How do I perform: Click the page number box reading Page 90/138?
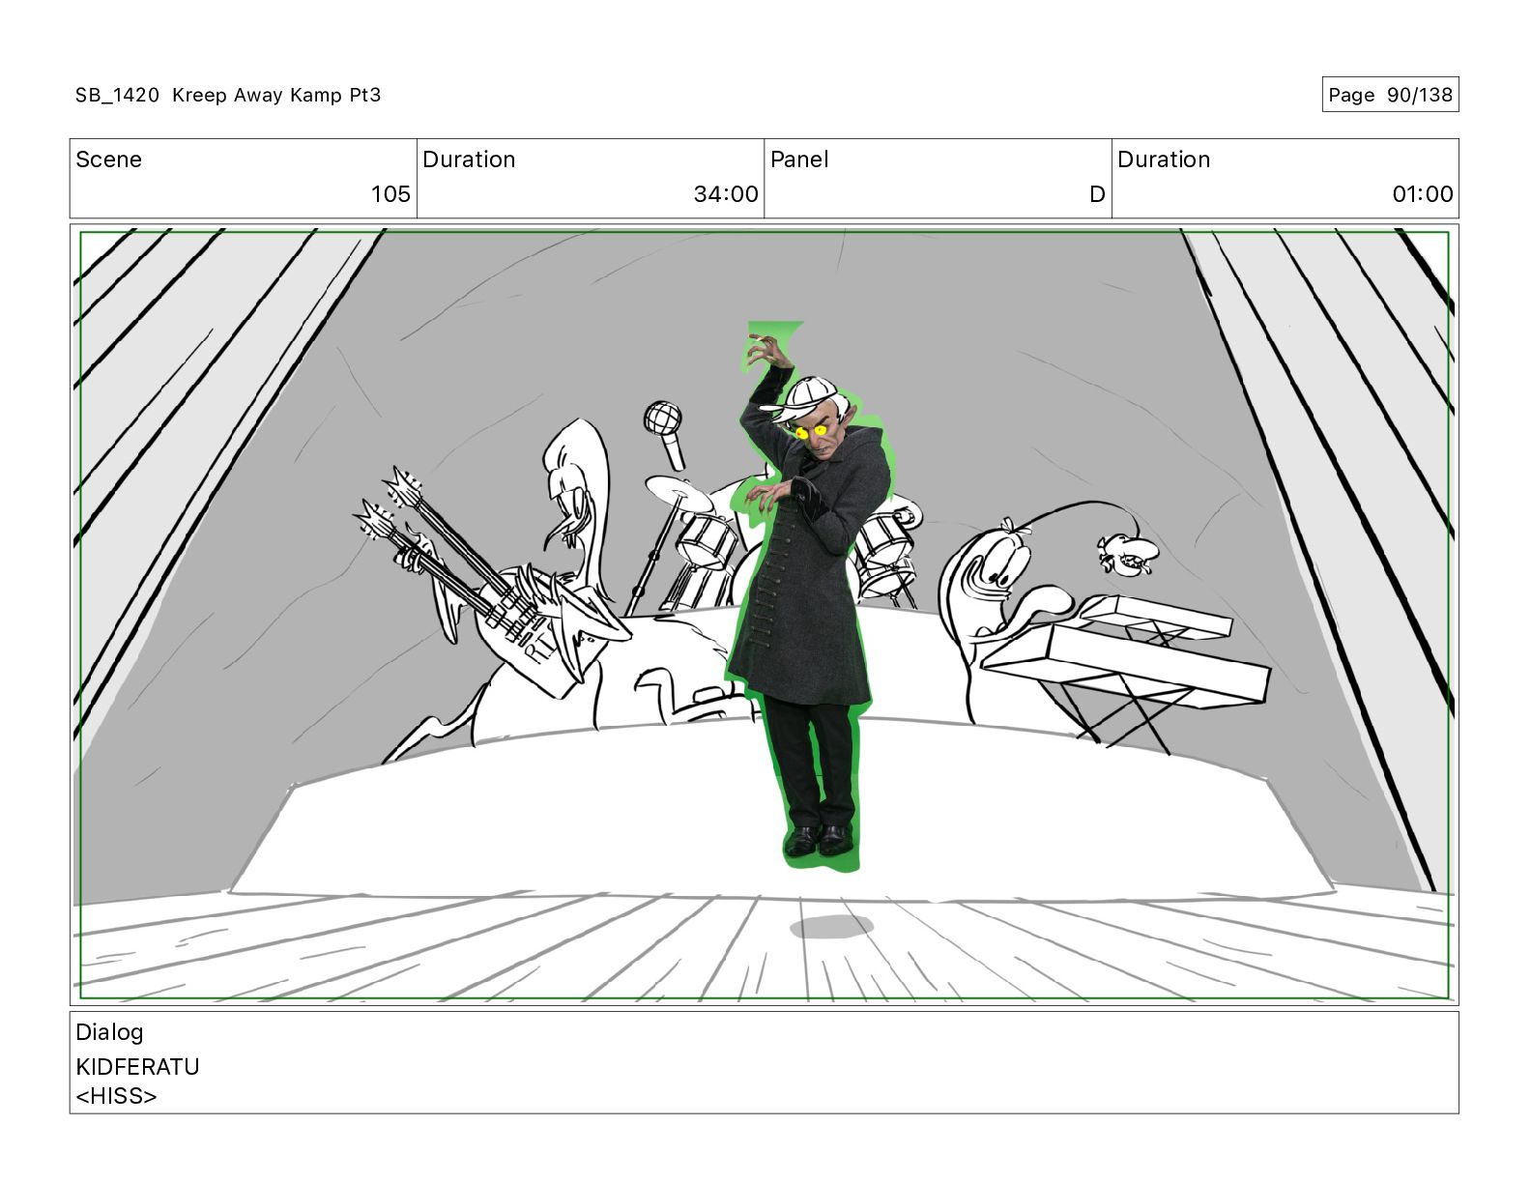pyautogui.click(x=1389, y=95)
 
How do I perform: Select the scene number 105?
pyautogui.click(x=390, y=193)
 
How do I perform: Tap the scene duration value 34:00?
pyautogui.click(x=726, y=193)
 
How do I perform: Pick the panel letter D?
pyautogui.click(x=1096, y=193)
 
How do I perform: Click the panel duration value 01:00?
pyautogui.click(x=1422, y=193)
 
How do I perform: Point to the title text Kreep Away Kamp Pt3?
pyautogui.click(x=276, y=95)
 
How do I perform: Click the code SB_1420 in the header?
pyautogui.click(x=117, y=95)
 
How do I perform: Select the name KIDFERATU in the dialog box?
pyautogui.click(x=137, y=1067)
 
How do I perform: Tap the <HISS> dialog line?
pyautogui.click(x=116, y=1096)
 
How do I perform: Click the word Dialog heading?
pyautogui.click(x=109, y=1032)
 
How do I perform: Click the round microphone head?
pyautogui.click(x=662, y=418)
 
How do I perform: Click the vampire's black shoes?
pyautogui.click(x=819, y=840)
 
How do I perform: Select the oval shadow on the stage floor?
pyautogui.click(x=831, y=927)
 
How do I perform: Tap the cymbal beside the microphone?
pyautogui.click(x=679, y=493)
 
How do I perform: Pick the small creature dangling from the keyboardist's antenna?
pyautogui.click(x=1125, y=553)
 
